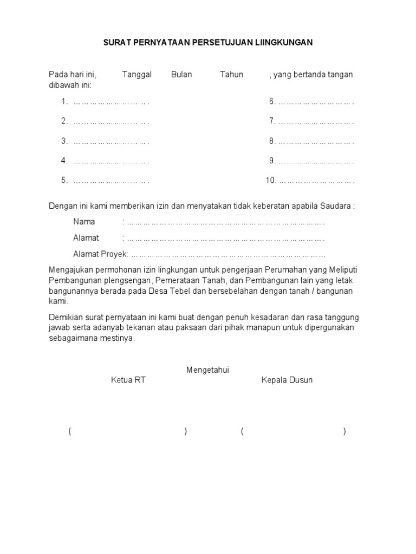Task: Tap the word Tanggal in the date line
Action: coord(136,75)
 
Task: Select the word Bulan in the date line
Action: coord(181,75)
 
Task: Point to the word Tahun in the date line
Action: coord(231,75)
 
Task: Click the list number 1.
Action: coord(64,102)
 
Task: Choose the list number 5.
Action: coord(64,181)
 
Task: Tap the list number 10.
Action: coord(271,181)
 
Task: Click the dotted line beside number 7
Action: coord(316,122)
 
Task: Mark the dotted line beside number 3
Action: coord(111,142)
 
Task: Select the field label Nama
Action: coord(84,222)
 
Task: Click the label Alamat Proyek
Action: coord(100,254)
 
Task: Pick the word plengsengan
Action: coord(127,281)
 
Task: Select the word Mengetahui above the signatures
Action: coord(208,370)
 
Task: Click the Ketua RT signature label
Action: coord(128,380)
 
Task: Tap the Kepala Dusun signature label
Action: coord(287,380)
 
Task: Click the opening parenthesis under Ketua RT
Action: coord(70,432)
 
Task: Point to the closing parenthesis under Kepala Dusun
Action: coord(344,432)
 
